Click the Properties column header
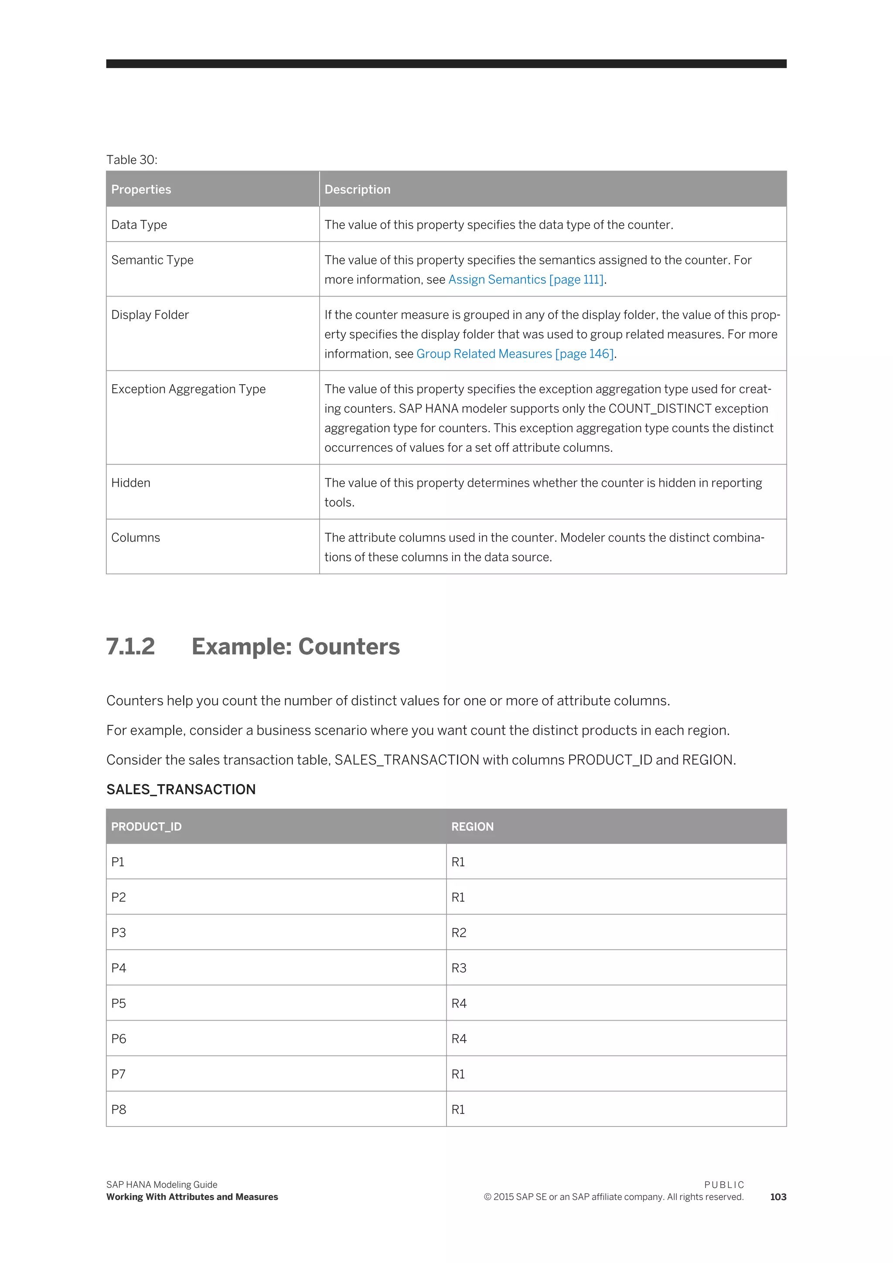pos(141,189)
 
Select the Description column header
pos(358,189)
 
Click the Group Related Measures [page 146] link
pos(515,354)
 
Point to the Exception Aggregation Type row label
pos(188,389)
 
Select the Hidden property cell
pos(131,482)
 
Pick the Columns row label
pos(136,537)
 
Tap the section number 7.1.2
pos(130,646)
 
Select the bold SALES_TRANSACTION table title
pos(181,789)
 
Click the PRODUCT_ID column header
pos(146,827)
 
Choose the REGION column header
pos(472,827)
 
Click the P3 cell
pos(119,932)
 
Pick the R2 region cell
pos(459,932)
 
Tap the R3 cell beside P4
pos(459,968)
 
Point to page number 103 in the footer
pos(778,1197)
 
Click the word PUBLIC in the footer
pos(724,1185)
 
